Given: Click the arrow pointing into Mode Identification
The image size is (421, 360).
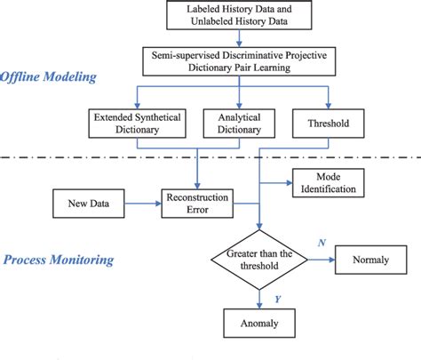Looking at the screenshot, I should click(276, 182).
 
